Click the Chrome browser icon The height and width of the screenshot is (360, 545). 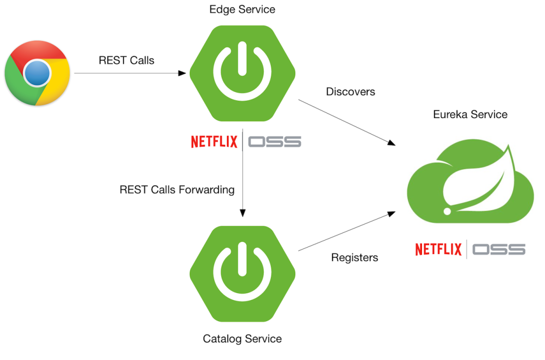click(37, 73)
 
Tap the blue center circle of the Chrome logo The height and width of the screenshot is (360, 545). click(37, 73)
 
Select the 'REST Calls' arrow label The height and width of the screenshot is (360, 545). click(126, 60)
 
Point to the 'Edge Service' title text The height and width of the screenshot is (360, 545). click(242, 9)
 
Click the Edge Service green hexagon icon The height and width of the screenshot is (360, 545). click(242, 73)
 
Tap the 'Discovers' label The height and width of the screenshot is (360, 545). click(350, 91)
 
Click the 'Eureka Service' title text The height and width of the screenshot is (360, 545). click(470, 114)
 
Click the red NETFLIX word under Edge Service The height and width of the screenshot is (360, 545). click(214, 142)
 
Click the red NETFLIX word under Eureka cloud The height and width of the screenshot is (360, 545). click(438, 249)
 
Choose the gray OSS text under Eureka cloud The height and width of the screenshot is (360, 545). click(499, 249)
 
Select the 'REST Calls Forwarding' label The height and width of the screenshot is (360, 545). click(177, 190)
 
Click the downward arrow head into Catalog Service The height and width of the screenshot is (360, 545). click(242, 212)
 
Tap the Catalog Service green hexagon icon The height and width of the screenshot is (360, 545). click(242, 273)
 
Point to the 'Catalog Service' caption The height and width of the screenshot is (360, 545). click(242, 339)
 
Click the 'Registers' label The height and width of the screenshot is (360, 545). click(354, 257)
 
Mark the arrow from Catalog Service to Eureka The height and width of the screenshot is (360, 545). click(345, 231)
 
